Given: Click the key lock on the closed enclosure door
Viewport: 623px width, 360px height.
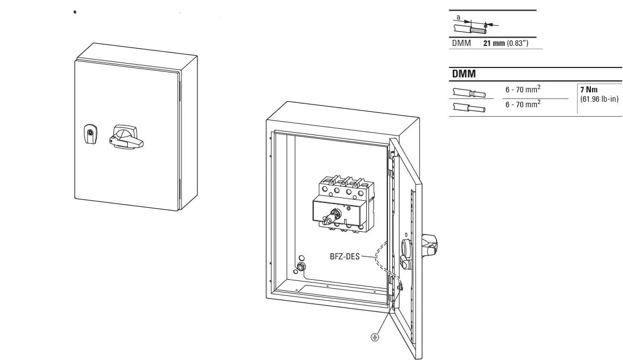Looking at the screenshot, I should pos(90,134).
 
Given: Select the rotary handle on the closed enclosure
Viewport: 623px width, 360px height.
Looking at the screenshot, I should pos(127,137).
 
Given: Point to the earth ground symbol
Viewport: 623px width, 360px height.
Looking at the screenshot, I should pos(375,337).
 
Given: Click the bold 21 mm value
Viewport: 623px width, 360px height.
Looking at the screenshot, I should pos(494,43).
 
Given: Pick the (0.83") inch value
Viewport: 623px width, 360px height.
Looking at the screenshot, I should pos(518,43).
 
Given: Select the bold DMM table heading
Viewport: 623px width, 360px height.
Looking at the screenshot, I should pos(464,74).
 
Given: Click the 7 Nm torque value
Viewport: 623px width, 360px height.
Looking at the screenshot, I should pos(589,90).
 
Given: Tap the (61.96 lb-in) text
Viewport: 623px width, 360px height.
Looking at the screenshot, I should pos(599,99).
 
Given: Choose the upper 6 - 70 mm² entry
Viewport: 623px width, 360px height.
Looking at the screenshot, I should pos(523,90).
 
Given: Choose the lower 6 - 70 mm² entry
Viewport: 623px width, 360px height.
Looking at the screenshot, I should pos(523,103).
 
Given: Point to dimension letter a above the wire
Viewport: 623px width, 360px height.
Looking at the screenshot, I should pos(459,18).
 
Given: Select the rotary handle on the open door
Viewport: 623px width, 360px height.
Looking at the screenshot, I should pos(428,243).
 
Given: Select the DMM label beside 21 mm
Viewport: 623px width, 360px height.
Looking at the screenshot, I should pos(461,43).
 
